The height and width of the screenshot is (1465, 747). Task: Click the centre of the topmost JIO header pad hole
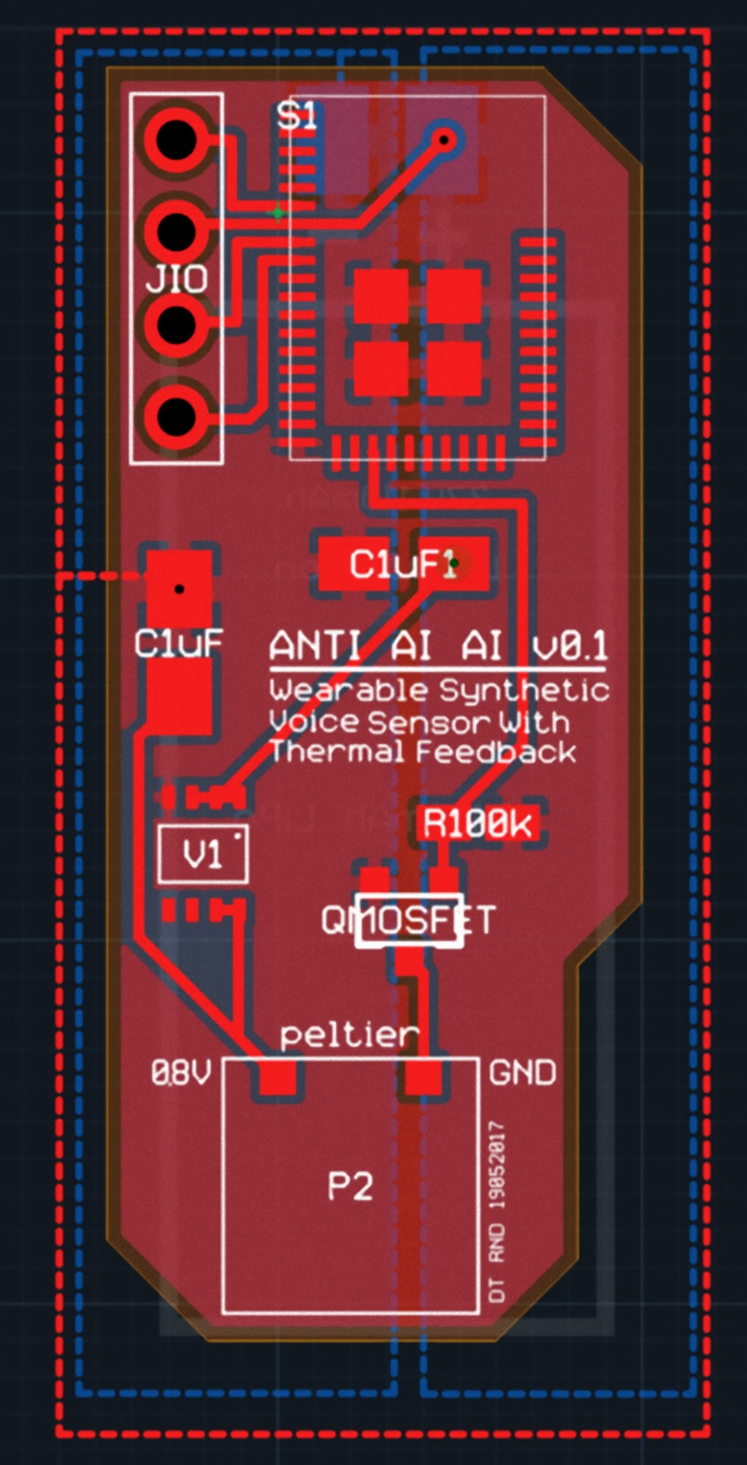pyautogui.click(x=176, y=139)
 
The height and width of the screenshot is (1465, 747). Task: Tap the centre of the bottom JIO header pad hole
pyautogui.click(x=176, y=416)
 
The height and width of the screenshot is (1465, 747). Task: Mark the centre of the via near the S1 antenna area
pyautogui.click(x=444, y=139)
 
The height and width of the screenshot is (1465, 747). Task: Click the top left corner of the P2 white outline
pyautogui.click(x=223, y=1059)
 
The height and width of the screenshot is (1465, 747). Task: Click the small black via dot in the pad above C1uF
pyautogui.click(x=179, y=589)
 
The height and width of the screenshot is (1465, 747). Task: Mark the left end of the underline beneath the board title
pyautogui.click(x=269, y=669)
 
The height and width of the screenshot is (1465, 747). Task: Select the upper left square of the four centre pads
pyautogui.click(x=381, y=295)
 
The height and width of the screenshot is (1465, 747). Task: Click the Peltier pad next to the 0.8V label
pyautogui.click(x=278, y=1077)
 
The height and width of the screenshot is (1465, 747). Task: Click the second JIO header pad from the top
pyautogui.click(x=176, y=229)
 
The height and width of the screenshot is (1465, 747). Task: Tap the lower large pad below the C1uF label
pyautogui.click(x=179, y=696)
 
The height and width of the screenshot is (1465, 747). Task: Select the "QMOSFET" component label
pyautogui.click(x=408, y=921)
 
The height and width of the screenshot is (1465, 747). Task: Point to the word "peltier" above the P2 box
pyautogui.click(x=349, y=1034)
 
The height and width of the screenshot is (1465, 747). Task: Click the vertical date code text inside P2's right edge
pyautogui.click(x=497, y=1212)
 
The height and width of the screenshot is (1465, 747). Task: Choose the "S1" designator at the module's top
pyautogui.click(x=297, y=115)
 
